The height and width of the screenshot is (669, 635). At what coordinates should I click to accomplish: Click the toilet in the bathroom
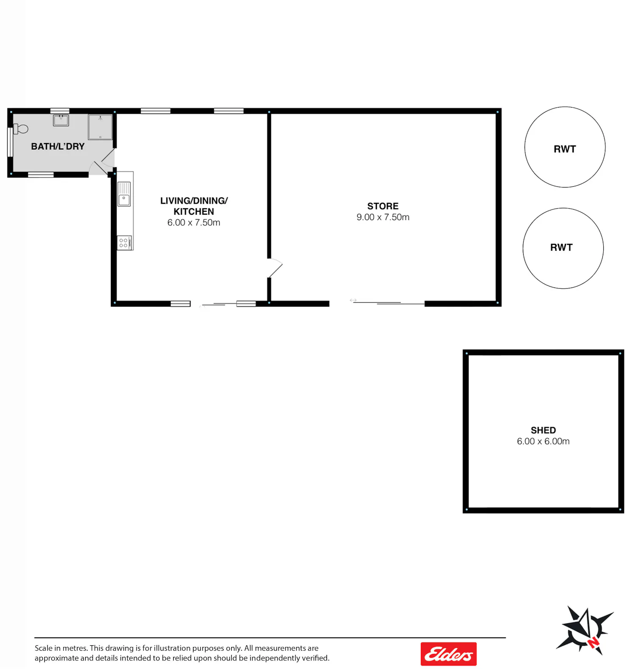pyautogui.click(x=21, y=128)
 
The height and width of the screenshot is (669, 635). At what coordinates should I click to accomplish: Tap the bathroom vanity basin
pyautogui.click(x=61, y=120)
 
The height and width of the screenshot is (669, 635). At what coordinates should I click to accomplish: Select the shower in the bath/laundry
pyautogui.click(x=100, y=127)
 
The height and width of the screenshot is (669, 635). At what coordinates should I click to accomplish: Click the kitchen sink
pyautogui.click(x=124, y=194)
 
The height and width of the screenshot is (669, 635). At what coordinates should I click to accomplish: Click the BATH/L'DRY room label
pyautogui.click(x=58, y=147)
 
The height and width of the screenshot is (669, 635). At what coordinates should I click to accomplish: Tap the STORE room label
pyautogui.click(x=383, y=206)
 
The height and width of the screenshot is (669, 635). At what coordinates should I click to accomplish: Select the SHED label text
pyautogui.click(x=543, y=430)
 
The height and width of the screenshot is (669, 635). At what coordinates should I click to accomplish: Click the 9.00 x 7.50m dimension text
pyautogui.click(x=383, y=217)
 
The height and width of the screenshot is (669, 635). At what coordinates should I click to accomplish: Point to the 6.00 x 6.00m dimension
pyautogui.click(x=543, y=441)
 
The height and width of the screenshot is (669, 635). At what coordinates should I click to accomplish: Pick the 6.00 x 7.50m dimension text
pyautogui.click(x=193, y=223)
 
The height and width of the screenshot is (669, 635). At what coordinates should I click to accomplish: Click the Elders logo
pyautogui.click(x=449, y=654)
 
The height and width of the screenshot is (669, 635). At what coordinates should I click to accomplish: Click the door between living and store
pyautogui.click(x=275, y=268)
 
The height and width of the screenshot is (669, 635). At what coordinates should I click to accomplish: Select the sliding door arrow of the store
pyautogui.click(x=353, y=300)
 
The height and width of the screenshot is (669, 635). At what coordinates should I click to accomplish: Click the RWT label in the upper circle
pyautogui.click(x=565, y=149)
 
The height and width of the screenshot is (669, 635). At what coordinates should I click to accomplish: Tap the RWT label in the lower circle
pyautogui.click(x=561, y=247)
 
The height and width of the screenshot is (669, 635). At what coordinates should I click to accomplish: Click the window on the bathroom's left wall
pyautogui.click(x=10, y=142)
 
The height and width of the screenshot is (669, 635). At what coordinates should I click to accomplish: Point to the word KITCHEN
pyautogui.click(x=193, y=212)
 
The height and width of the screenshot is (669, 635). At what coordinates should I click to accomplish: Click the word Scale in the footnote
pyautogui.click(x=43, y=648)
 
